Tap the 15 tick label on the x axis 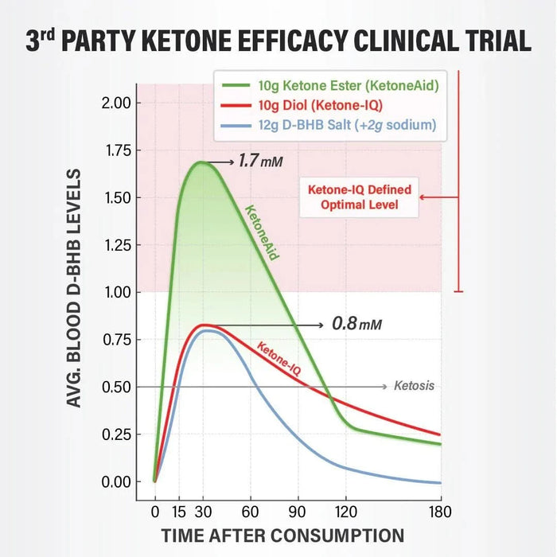[179, 511]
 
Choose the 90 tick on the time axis [298, 511]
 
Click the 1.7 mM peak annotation [260, 162]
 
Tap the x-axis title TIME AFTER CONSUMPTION [282, 536]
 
